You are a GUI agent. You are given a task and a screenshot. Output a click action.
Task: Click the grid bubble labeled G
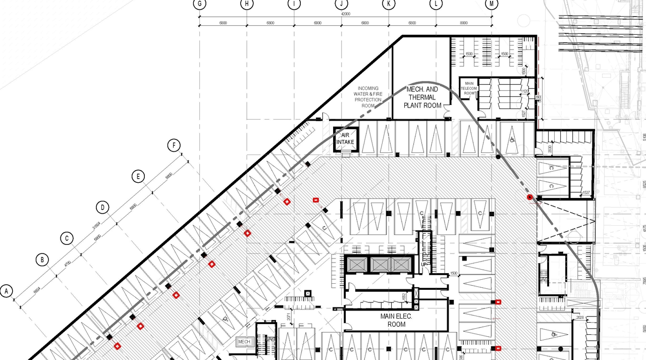pos(200,4)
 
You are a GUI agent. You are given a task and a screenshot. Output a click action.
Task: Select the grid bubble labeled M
pos(491,4)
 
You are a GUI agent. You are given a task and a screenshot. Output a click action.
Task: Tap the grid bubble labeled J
pos(342,4)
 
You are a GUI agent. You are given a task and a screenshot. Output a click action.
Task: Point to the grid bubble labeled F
pos(174,146)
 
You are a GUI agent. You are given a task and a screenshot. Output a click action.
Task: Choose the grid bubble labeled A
pos(6,291)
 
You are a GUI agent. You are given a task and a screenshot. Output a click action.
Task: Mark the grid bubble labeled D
pos(102,208)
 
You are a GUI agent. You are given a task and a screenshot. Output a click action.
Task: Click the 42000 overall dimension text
pos(345,14)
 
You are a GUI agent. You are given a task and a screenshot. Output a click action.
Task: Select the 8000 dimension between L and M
pos(463,23)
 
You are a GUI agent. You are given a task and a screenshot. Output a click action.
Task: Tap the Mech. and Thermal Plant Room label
pos(422,97)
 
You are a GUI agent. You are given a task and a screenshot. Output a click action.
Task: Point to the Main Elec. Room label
pos(396,320)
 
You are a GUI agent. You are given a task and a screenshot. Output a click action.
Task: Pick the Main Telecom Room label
pos(469,88)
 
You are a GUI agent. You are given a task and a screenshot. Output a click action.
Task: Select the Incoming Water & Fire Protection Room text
pos(368,97)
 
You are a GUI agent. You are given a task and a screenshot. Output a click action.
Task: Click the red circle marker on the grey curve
pos(530,197)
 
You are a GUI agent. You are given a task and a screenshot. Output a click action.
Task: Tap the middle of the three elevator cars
pos(382,265)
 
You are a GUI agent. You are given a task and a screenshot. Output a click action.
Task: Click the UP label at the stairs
pos(424,265)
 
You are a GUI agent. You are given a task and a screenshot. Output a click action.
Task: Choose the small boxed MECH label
pos(244,342)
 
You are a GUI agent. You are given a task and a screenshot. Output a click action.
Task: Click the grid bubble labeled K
pos(389,4)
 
